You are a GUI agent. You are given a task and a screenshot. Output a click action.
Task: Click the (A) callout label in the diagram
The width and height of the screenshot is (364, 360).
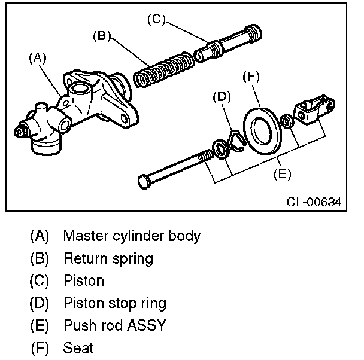click(38, 58)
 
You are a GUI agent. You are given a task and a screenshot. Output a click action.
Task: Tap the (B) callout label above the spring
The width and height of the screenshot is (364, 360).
click(102, 36)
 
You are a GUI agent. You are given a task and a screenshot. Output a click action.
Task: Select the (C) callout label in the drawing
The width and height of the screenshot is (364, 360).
click(156, 19)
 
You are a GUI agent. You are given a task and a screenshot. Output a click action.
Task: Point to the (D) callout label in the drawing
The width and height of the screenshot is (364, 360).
click(222, 97)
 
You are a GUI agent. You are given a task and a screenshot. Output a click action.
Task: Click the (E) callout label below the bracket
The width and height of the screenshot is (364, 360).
click(282, 174)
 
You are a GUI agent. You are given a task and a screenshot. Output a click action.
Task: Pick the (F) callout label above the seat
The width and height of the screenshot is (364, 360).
click(251, 77)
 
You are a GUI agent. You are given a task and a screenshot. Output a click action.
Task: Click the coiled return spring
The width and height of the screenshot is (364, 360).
click(163, 69)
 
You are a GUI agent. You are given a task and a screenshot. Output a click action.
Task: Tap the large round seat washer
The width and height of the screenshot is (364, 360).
click(263, 131)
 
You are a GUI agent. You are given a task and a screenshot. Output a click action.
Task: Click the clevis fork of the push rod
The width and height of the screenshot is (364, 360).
click(314, 109)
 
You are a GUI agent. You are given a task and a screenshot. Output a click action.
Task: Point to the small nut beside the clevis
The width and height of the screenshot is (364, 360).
click(287, 121)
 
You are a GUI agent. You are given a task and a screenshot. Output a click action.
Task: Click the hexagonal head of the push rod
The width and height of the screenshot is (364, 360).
click(144, 182)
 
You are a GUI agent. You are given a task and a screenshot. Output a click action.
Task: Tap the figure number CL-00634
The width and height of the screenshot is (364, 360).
click(314, 202)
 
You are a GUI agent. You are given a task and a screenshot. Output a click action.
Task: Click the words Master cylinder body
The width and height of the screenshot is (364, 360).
click(132, 236)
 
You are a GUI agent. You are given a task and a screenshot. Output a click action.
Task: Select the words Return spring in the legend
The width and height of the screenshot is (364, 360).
click(108, 259)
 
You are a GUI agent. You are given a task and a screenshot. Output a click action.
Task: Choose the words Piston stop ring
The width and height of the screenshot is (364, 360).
click(115, 303)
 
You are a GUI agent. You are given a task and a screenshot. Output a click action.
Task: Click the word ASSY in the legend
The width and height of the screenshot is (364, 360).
click(147, 325)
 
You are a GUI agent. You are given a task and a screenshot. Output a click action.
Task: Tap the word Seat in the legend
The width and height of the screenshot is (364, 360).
click(78, 347)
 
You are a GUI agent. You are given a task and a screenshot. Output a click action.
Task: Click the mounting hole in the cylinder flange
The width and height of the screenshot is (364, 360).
click(124, 118)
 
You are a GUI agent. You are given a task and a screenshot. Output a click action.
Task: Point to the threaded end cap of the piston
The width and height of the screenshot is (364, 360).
click(254, 34)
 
